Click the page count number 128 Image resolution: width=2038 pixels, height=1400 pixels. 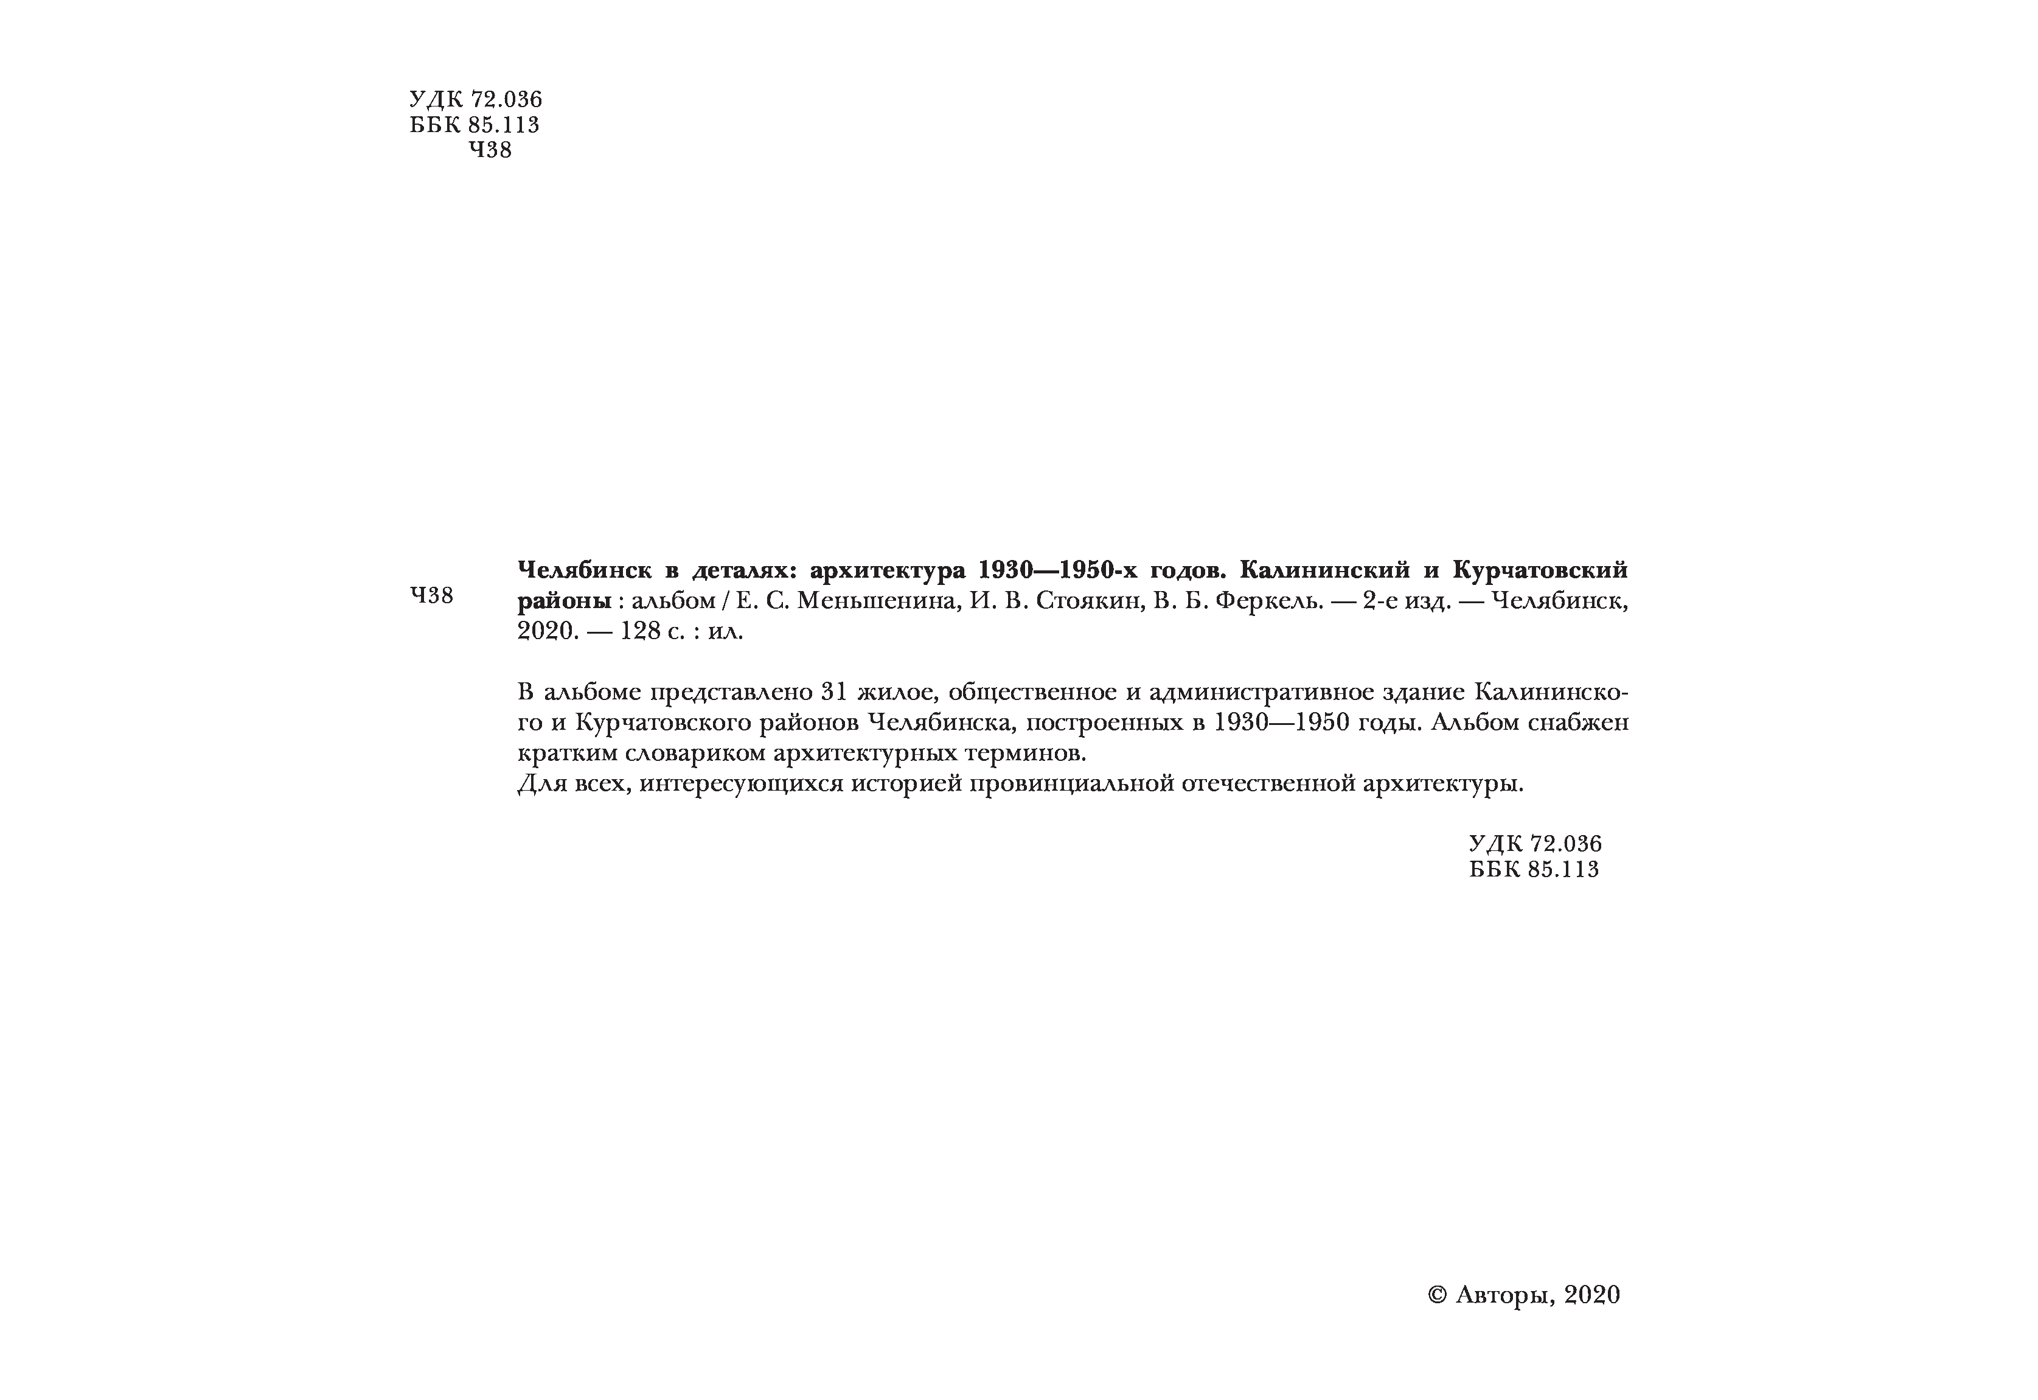(640, 632)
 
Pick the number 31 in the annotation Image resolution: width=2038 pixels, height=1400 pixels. (833, 692)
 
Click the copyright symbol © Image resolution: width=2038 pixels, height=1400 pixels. (1436, 1295)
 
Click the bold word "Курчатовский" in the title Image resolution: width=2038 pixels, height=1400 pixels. (1540, 571)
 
